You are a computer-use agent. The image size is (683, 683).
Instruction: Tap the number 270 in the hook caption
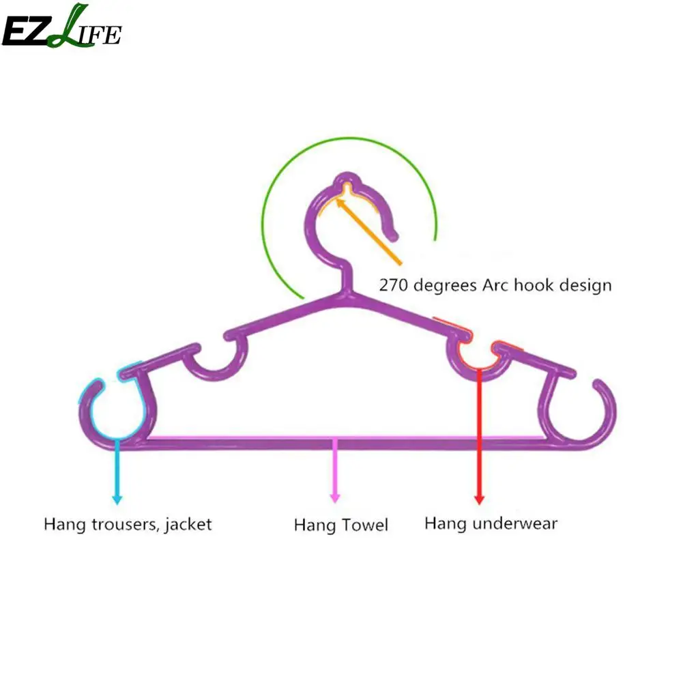click(393, 285)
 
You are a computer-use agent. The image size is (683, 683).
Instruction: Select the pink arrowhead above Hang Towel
click(334, 499)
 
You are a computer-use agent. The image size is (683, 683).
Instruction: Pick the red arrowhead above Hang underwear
click(479, 499)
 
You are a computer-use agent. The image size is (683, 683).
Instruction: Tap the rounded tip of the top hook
click(394, 235)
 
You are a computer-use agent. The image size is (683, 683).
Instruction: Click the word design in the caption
click(581, 285)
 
